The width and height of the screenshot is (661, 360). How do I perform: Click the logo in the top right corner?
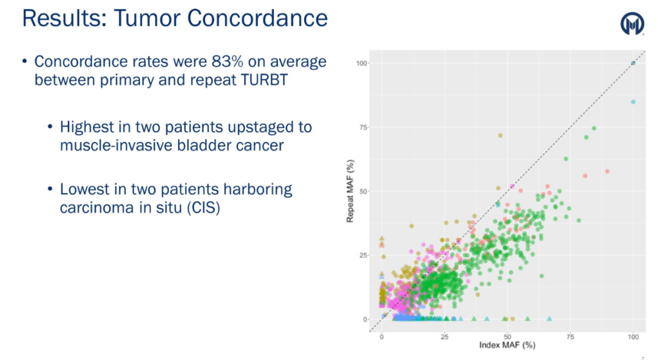632,24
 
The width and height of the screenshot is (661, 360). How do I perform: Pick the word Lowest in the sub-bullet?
85,189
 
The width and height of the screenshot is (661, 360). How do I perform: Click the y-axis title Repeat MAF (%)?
351,191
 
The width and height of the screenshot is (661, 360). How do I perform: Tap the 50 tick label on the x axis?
507,336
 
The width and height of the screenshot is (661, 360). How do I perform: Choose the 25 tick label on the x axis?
444,336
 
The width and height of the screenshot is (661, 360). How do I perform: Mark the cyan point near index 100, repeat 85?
633,102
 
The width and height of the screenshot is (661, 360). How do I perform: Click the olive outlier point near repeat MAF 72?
500,135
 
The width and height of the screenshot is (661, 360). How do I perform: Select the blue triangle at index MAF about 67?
549,319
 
